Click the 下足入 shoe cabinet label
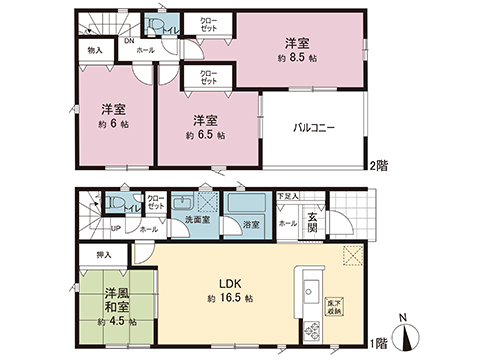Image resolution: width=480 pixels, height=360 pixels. tap(288, 196)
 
